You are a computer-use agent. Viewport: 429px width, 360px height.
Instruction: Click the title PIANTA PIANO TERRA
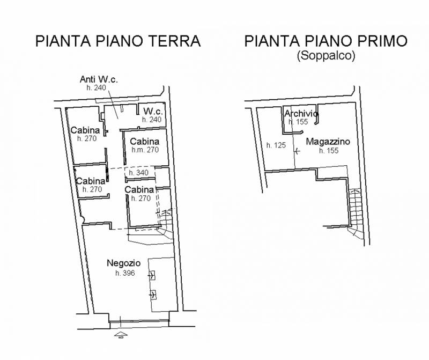(118, 41)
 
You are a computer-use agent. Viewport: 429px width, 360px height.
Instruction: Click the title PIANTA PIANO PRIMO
(326, 41)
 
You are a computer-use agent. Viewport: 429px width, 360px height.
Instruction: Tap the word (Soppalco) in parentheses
(326, 55)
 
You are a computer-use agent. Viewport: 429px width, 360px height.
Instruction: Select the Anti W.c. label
(99, 79)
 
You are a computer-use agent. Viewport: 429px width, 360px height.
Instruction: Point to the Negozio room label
(123, 263)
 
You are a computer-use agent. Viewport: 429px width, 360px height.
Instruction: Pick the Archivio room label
(301, 114)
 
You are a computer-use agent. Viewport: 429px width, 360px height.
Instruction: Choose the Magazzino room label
(328, 142)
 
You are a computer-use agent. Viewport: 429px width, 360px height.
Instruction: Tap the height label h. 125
(276, 145)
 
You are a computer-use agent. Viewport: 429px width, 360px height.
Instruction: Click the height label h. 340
(138, 173)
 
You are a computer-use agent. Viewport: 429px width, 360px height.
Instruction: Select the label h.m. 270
(145, 150)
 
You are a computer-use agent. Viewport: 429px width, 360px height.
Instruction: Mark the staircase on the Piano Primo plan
(356, 212)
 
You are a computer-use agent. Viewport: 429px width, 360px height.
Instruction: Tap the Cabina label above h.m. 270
(145, 142)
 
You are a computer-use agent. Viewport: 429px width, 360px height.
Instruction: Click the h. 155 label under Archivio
(298, 122)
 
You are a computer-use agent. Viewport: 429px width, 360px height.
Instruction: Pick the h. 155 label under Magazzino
(329, 151)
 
